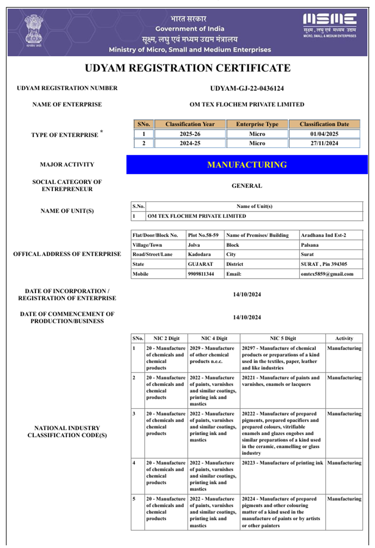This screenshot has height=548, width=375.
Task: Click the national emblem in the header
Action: [x=34, y=30]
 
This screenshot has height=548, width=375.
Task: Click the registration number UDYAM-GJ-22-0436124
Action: [x=247, y=88]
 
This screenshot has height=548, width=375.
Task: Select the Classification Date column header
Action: [x=324, y=124]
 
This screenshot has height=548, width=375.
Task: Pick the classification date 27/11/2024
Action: [x=324, y=143]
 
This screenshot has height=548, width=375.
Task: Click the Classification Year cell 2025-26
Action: [x=190, y=134]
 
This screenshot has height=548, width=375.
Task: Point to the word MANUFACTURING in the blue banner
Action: [x=247, y=165]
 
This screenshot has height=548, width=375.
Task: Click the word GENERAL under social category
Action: [x=247, y=186]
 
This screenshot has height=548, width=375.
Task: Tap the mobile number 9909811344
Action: [x=201, y=274]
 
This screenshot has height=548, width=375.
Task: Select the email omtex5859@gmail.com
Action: [x=327, y=274]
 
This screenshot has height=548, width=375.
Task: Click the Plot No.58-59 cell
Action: [x=203, y=235]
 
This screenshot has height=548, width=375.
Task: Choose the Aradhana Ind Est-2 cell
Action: [x=324, y=235]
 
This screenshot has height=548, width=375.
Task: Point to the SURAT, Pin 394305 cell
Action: [x=324, y=264]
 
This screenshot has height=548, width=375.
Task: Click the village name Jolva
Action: [x=194, y=245]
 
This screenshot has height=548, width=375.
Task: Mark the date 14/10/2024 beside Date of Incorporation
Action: [x=247, y=295]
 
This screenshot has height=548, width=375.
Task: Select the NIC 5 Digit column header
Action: [x=283, y=338]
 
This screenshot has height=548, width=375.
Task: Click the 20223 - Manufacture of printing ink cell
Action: [x=282, y=463]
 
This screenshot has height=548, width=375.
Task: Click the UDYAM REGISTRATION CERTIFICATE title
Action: [x=187, y=68]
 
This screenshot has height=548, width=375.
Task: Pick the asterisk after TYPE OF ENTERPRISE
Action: [x=102, y=131]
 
